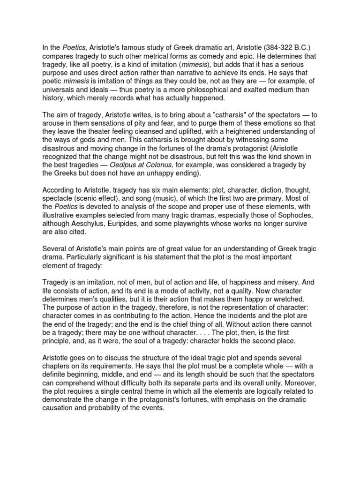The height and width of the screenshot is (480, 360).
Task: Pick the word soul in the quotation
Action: point(154,341)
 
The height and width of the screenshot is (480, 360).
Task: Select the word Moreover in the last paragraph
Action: point(296,383)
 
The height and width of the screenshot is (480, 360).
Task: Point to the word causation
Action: point(60,409)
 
